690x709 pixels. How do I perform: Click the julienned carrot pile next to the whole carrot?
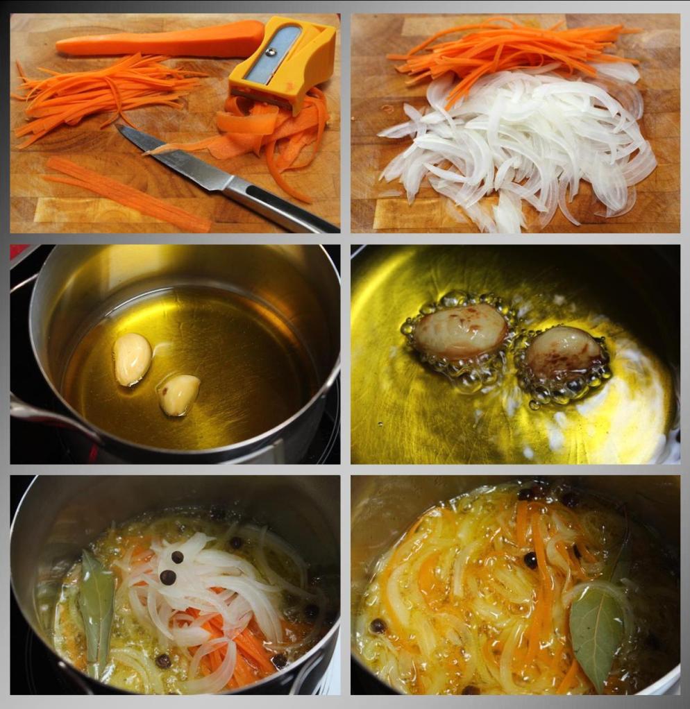(x=97, y=97)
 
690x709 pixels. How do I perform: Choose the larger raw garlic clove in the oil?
(x=133, y=359)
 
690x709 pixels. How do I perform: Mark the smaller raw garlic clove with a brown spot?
(x=179, y=395)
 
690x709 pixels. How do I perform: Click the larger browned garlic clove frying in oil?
(x=460, y=331)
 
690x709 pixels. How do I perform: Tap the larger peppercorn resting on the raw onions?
(x=168, y=577)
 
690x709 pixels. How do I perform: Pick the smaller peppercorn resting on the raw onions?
(x=177, y=556)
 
